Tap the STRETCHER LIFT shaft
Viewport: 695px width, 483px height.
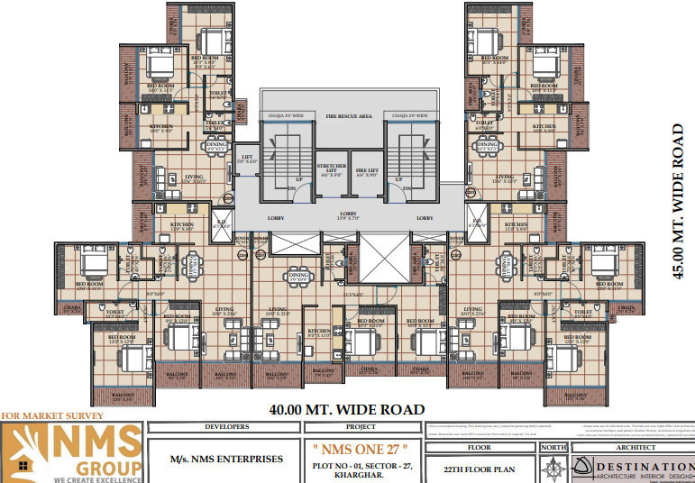(331, 171)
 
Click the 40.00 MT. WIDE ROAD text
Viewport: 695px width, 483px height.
(346, 409)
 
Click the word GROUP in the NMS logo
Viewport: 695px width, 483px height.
(107, 468)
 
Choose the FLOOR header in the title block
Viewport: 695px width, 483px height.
(479, 446)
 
